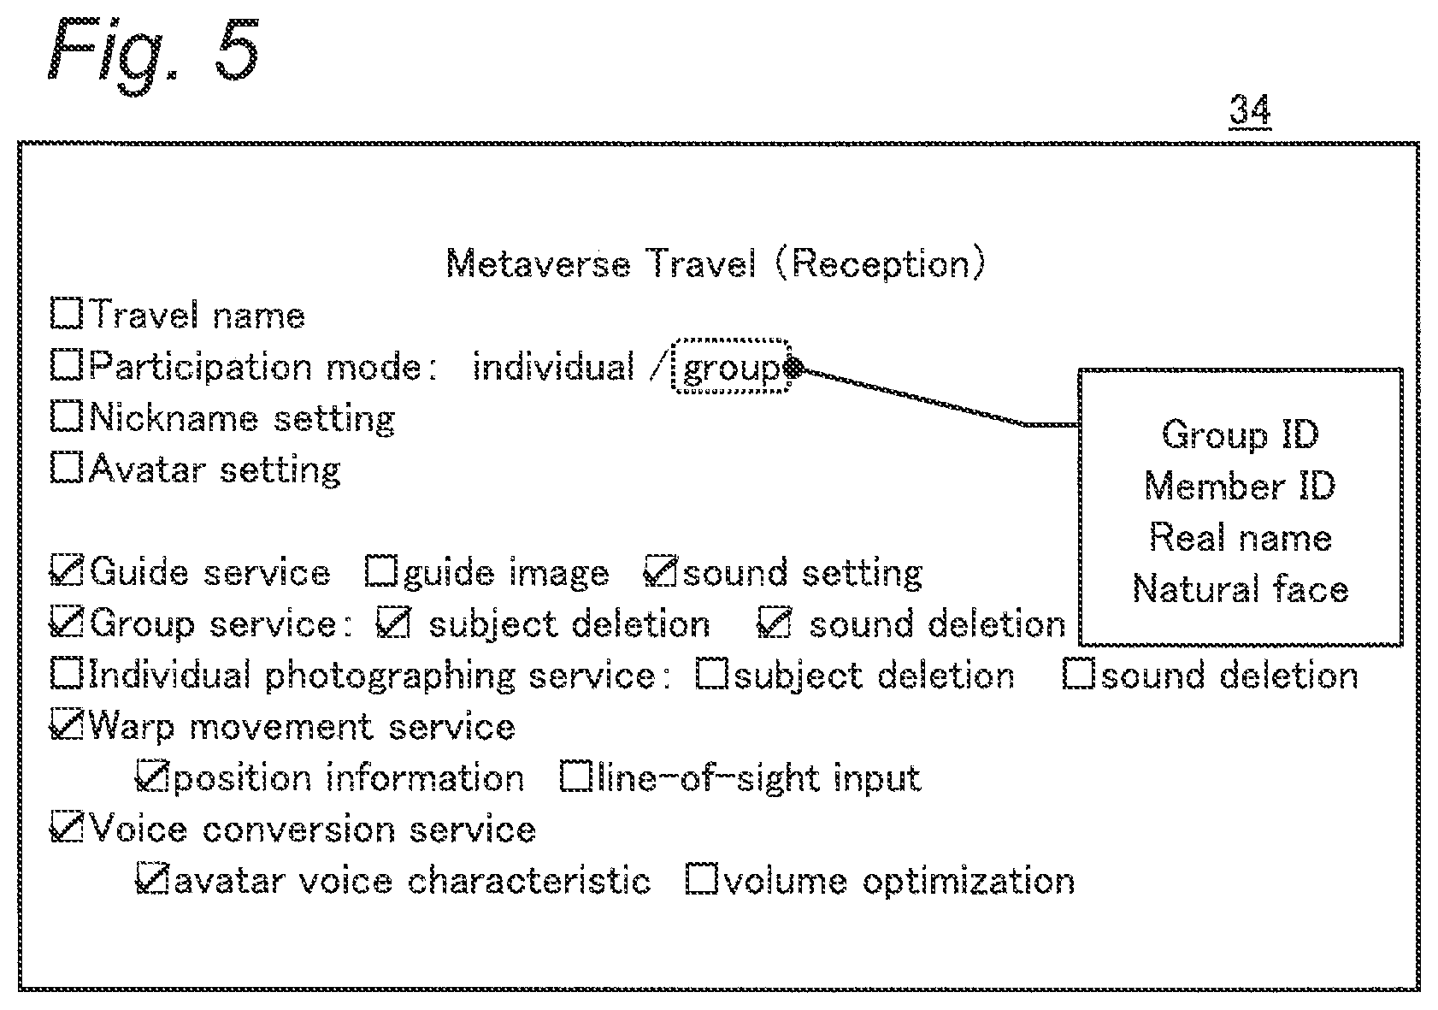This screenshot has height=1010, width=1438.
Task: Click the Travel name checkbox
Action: [67, 313]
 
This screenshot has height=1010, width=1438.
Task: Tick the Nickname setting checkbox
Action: [67, 416]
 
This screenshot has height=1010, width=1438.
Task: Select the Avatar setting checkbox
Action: [67, 468]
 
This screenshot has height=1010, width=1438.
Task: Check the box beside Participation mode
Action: [67, 364]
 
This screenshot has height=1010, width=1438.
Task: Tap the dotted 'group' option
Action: [730, 366]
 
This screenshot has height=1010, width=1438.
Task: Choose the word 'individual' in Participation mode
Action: [553, 367]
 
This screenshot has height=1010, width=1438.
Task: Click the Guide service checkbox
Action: [67, 570]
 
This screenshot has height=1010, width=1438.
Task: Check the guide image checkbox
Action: [381, 570]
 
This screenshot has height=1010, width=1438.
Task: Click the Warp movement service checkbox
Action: [67, 725]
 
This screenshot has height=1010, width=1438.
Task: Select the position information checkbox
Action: [152, 777]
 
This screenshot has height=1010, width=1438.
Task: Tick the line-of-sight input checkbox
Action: [576, 777]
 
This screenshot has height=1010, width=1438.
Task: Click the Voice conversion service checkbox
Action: [67, 828]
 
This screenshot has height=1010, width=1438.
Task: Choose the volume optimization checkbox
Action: [702, 878]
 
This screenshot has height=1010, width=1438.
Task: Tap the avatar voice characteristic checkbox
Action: [152, 879]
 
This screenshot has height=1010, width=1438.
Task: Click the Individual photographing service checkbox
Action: [67, 674]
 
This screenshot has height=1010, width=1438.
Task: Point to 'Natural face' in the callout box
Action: [1241, 588]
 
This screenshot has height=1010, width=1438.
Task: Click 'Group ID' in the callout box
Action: [1241, 435]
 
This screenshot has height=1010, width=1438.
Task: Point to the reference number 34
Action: [1250, 109]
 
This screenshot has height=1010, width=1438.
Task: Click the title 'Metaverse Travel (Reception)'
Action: [716, 263]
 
